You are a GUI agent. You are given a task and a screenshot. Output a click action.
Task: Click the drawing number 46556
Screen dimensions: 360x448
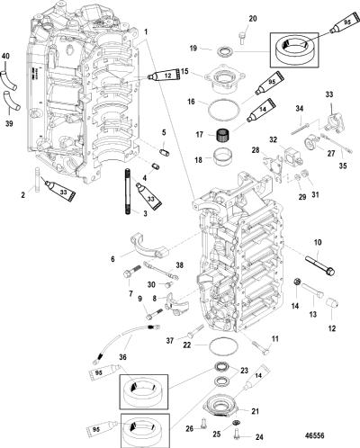pos(315,435)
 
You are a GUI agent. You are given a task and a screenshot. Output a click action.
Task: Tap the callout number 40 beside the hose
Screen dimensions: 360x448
pos(5,56)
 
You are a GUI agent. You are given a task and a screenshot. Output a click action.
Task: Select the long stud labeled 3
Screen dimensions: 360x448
pos(128,192)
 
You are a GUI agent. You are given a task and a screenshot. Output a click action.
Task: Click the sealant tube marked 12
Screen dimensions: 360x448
pos(165,76)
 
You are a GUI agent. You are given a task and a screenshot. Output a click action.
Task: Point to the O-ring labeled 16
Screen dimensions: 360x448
pos(223,109)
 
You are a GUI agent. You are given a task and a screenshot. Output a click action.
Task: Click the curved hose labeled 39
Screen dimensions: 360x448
pos(11,101)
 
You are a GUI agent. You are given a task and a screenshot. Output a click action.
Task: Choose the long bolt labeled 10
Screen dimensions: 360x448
pos(319,265)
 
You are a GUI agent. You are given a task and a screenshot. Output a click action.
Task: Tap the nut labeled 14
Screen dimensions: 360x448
pos(297,282)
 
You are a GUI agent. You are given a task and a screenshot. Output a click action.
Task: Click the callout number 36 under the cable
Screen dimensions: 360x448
pos(122,357)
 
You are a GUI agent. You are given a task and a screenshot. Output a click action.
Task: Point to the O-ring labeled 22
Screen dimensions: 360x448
pos(223,346)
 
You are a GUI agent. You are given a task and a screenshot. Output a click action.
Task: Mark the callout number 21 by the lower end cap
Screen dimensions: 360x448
pos(255,411)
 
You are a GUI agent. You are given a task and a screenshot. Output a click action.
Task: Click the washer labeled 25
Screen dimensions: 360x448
pos(237,423)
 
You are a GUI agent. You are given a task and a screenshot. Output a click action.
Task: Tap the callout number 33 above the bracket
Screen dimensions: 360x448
pos(329,94)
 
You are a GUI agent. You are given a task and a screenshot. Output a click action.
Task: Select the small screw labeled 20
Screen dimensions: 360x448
pos(243,39)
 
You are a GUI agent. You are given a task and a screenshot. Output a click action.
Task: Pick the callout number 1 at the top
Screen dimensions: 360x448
pos(146,31)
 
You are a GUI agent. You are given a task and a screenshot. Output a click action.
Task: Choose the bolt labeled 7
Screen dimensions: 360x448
pos(131,270)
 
